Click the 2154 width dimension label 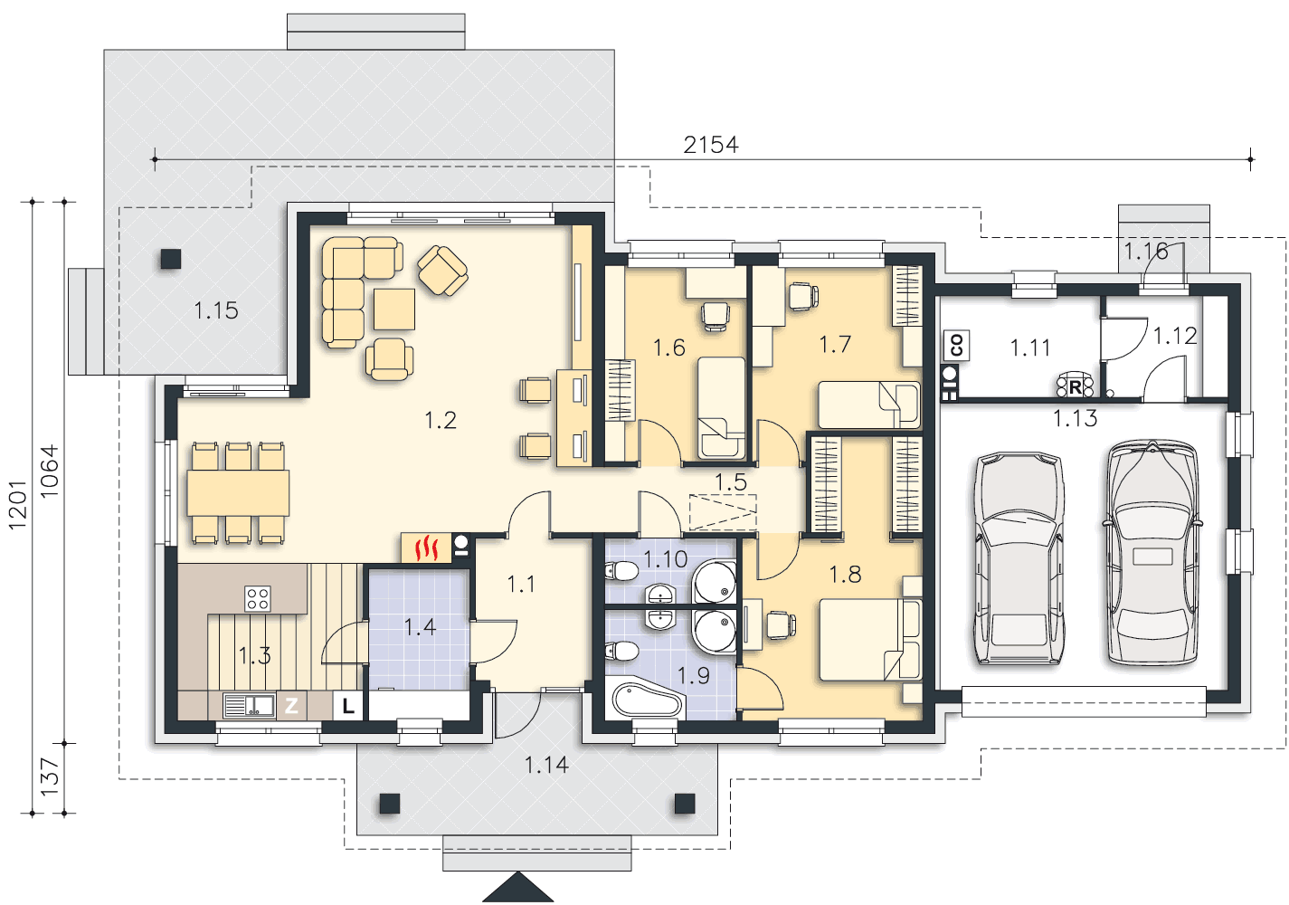point(711,145)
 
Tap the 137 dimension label point(50,776)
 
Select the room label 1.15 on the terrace point(216,311)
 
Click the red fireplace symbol point(426,548)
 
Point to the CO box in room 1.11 point(956,346)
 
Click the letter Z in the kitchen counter point(291,705)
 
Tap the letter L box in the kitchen point(347,705)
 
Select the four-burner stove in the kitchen point(257,598)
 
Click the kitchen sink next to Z point(249,705)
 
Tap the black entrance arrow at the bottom point(518,887)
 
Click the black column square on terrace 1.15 point(171,259)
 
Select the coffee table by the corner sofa point(394,310)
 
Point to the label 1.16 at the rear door point(1146,251)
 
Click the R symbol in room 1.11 point(1075,386)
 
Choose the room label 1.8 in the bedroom point(845,575)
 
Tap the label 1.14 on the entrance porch point(546,765)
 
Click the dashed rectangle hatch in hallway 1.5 point(723,512)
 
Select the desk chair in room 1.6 point(716,317)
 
